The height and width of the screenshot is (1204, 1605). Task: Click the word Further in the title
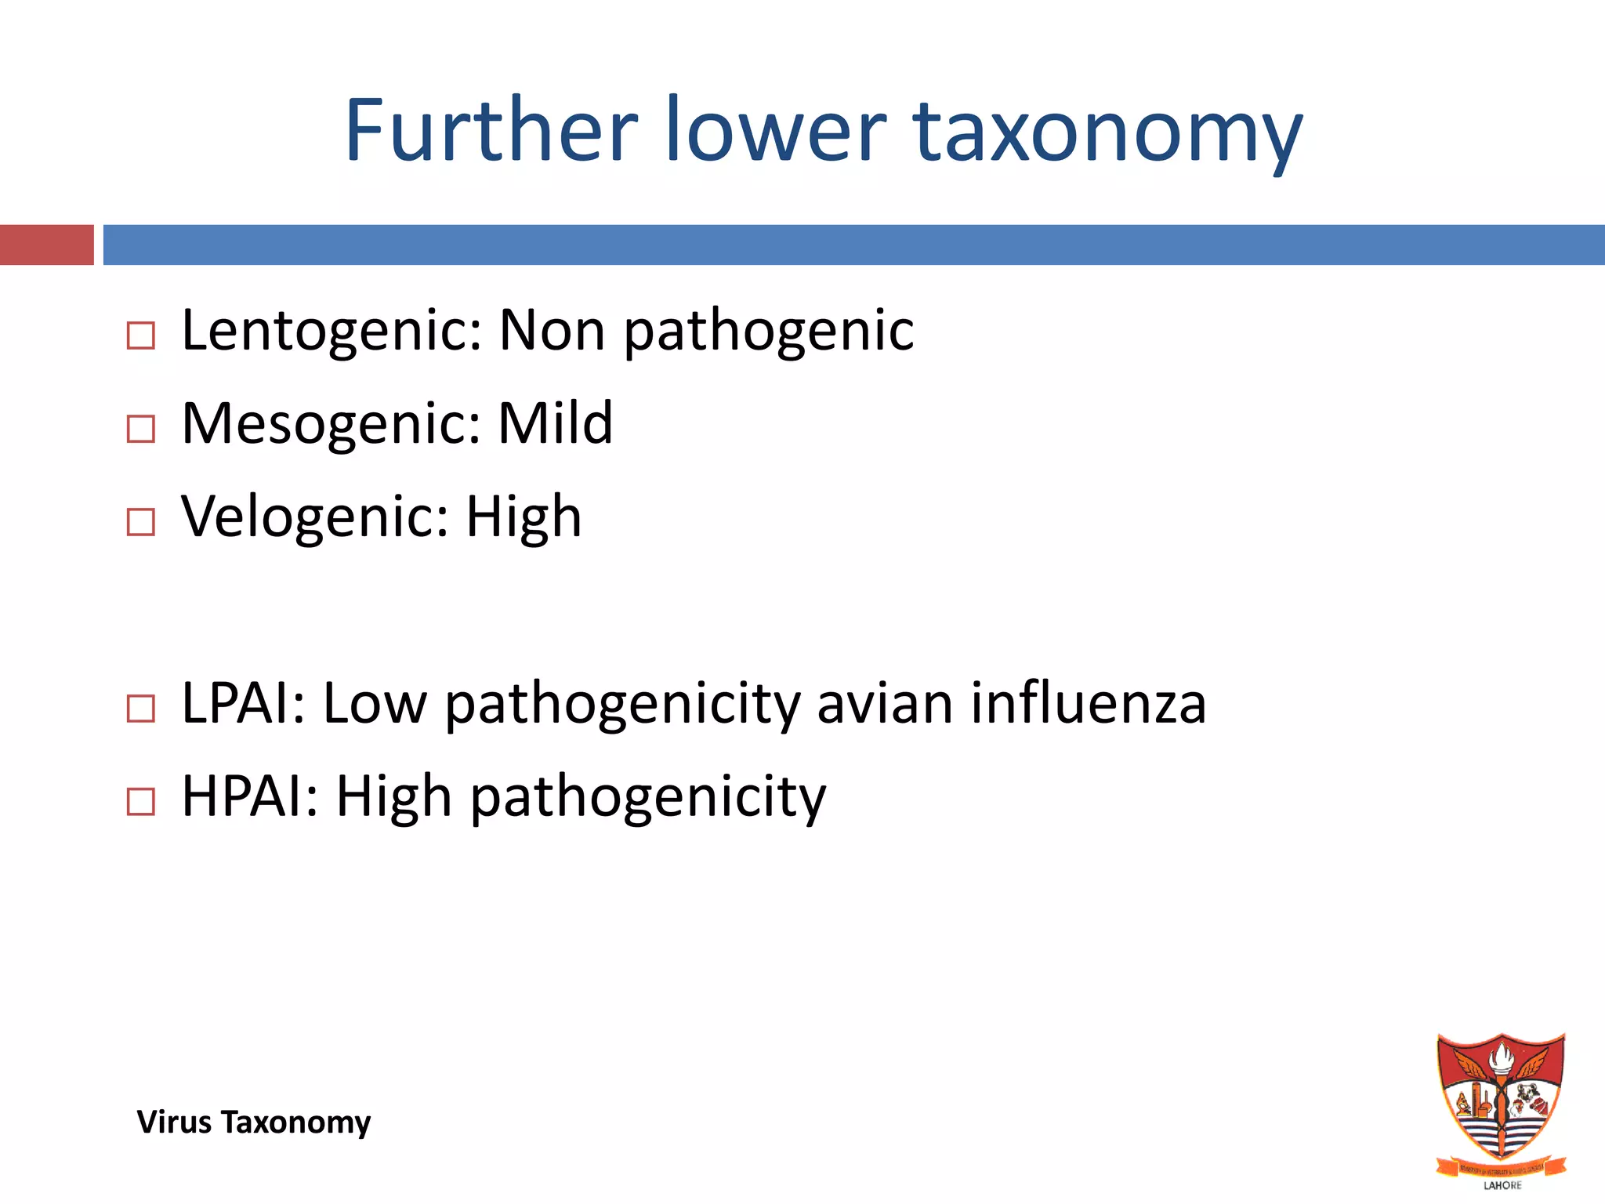coord(491,130)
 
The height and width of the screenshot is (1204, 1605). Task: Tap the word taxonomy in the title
coord(1107,133)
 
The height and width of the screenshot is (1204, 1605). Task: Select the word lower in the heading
coord(776,130)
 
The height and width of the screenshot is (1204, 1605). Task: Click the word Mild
coord(555,423)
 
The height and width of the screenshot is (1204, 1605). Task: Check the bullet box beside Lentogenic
coord(141,335)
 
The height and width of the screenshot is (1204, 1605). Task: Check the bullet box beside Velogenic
coord(141,521)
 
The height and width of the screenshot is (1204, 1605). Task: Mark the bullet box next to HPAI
coord(141,801)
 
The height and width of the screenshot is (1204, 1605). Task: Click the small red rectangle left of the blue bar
coord(46,245)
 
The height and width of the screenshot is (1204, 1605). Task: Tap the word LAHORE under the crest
coord(1502,1185)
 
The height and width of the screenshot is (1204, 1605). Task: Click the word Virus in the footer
coord(174,1122)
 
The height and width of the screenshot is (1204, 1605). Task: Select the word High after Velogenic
coord(524,518)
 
